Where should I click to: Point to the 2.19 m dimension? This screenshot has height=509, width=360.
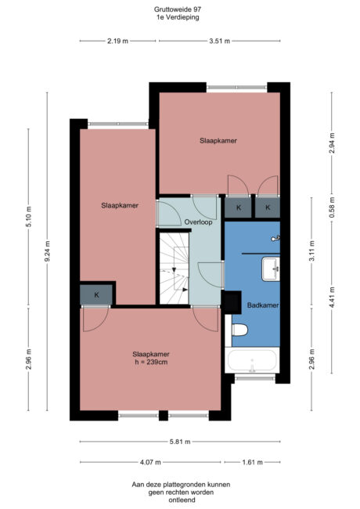coord(118,42)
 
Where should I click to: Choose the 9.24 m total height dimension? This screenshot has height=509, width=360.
coord(48,254)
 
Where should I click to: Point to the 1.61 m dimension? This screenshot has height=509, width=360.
coord(251,462)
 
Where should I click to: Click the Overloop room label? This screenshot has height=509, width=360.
coord(199,222)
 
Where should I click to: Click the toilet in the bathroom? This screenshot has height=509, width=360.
coord(240,330)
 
